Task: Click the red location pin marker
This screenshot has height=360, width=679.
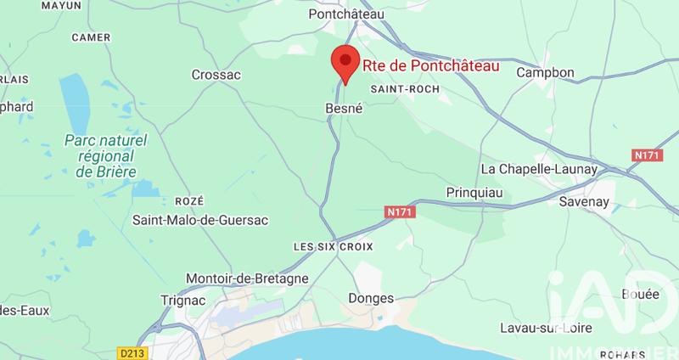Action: pyautogui.click(x=344, y=64)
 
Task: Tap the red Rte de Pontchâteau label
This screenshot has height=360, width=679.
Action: pyautogui.click(x=429, y=65)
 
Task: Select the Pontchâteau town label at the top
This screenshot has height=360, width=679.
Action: pyautogui.click(x=345, y=14)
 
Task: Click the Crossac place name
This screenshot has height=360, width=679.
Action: pyautogui.click(x=216, y=75)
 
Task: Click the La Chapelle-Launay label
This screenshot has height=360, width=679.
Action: pyautogui.click(x=541, y=169)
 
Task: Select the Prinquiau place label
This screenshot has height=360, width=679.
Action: pyautogui.click(x=474, y=193)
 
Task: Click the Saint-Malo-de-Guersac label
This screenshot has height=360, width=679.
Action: pyautogui.click(x=199, y=220)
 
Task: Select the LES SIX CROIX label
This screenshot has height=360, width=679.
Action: pyautogui.click(x=328, y=246)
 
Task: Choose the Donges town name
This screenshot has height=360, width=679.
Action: pyautogui.click(x=372, y=298)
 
